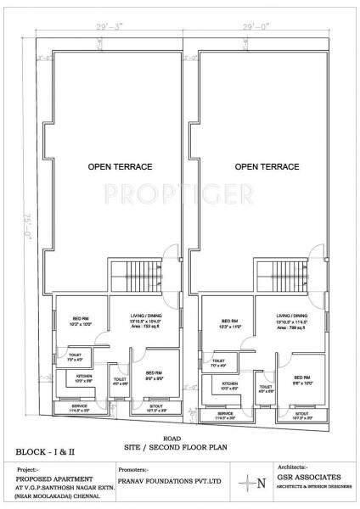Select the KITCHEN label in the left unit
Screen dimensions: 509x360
click(84, 377)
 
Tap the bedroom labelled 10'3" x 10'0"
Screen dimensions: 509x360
click(82, 322)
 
